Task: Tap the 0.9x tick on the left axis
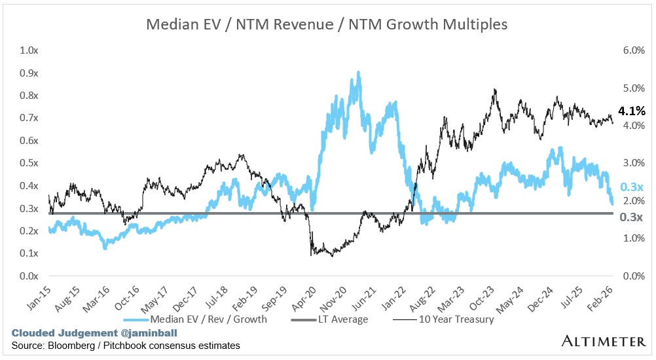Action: point(29,73)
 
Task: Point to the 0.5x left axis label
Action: point(29,163)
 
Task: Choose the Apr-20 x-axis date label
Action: point(308,295)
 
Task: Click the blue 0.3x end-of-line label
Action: point(631,188)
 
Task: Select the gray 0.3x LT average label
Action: point(631,217)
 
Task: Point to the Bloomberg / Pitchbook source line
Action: point(125,345)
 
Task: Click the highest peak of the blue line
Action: point(358,72)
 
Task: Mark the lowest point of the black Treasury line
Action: point(332,255)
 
